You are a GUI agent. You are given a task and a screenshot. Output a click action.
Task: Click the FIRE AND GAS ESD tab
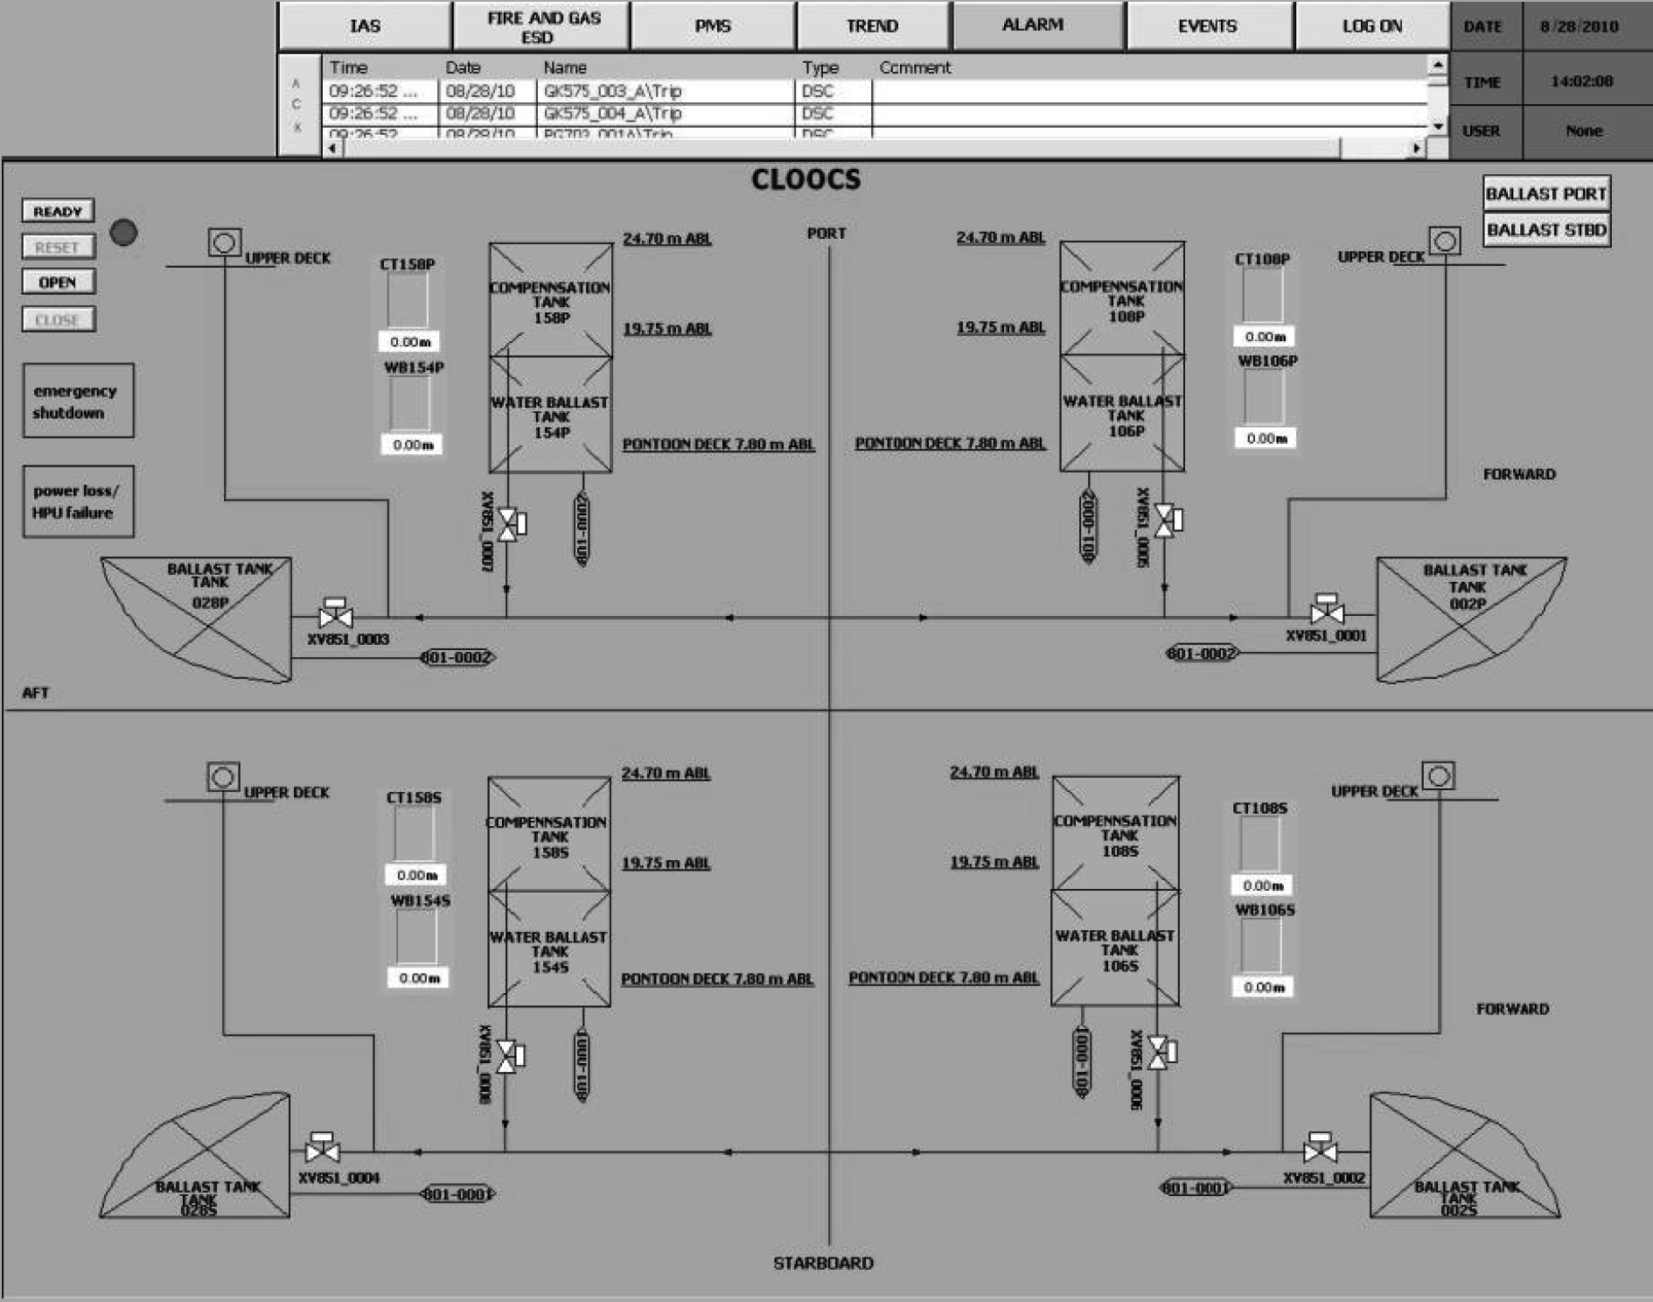coord(541,27)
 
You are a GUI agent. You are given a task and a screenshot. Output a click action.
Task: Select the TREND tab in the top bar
coord(872,26)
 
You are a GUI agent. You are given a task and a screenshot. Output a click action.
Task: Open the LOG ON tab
coord(1371,26)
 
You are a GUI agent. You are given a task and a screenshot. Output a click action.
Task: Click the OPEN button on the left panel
coord(58,282)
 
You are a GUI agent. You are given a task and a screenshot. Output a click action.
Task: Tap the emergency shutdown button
coord(78,401)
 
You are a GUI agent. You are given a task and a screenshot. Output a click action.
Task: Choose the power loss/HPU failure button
coord(78,501)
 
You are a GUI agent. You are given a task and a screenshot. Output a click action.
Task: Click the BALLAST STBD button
coord(1545,230)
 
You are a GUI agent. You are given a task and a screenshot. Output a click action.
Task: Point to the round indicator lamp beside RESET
coord(123,233)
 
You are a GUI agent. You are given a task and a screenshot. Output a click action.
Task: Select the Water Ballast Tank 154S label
coord(548,952)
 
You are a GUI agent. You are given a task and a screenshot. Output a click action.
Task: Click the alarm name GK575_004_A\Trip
coord(612,113)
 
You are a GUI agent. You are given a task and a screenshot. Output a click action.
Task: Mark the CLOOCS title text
coord(806,179)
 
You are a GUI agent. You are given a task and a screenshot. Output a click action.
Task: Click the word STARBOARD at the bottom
coord(823,1263)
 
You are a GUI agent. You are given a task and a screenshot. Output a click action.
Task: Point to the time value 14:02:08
coord(1581,81)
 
